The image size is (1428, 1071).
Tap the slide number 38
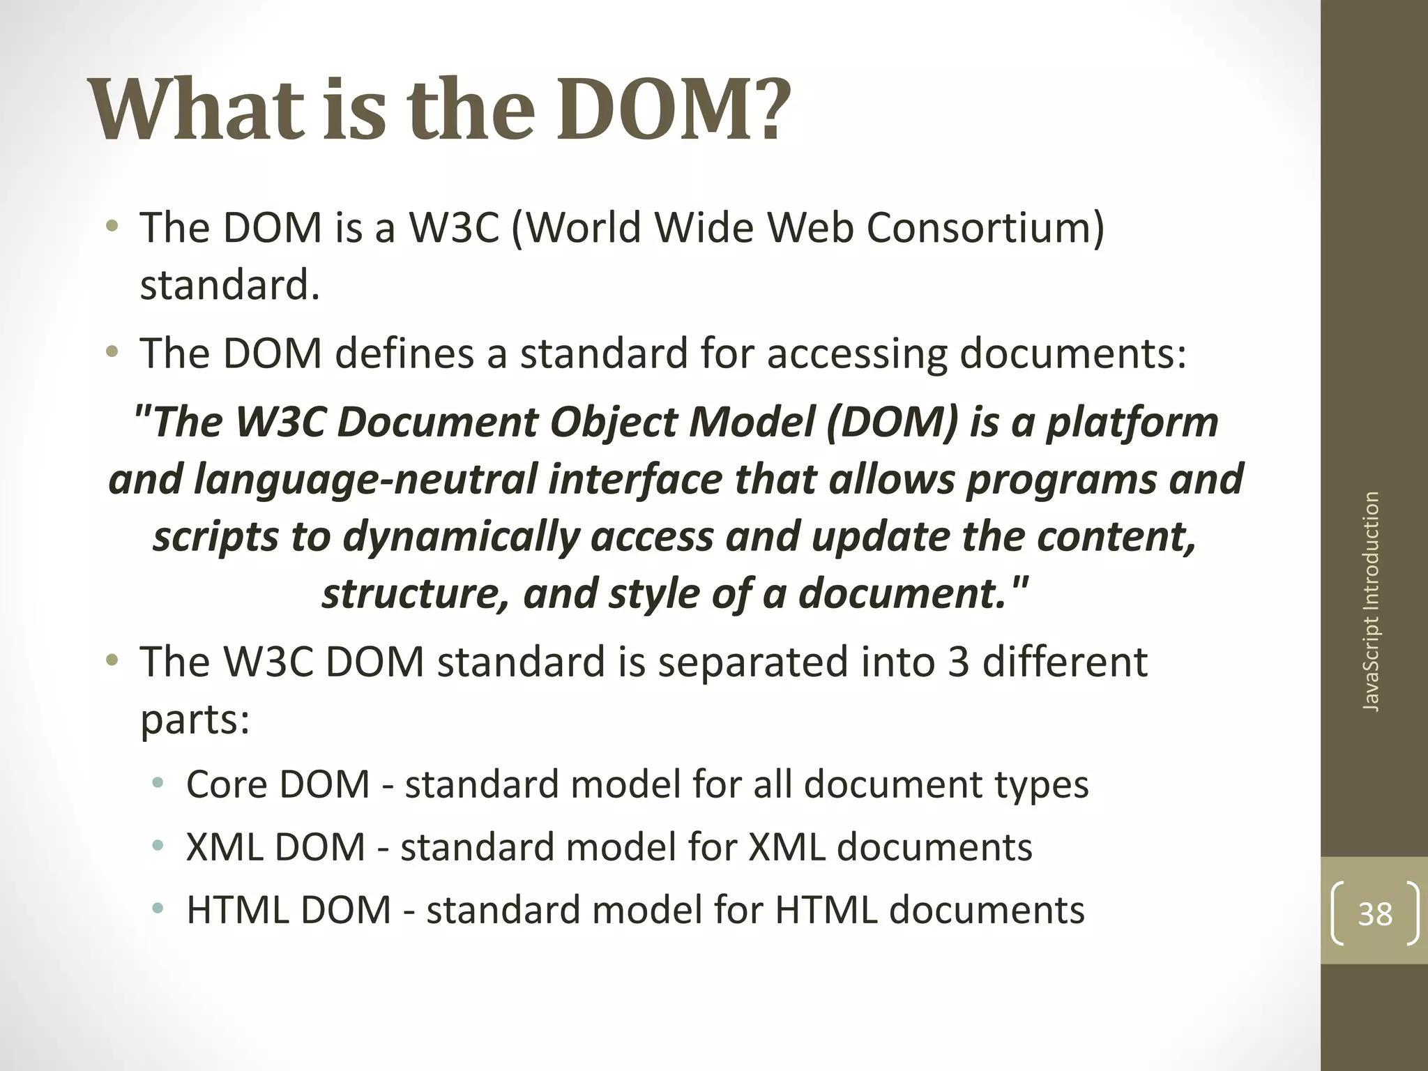coord(1375,914)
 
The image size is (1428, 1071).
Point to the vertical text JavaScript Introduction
coord(1371,602)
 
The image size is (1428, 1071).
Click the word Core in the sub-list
coord(227,784)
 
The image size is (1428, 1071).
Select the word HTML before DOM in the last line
coord(237,911)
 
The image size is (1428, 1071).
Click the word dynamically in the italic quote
coord(460,537)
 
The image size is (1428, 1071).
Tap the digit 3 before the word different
coord(958,662)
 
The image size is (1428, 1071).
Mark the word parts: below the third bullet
coord(195,720)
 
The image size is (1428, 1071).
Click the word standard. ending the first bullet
coord(229,286)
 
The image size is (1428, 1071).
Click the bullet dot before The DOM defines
coord(112,354)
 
